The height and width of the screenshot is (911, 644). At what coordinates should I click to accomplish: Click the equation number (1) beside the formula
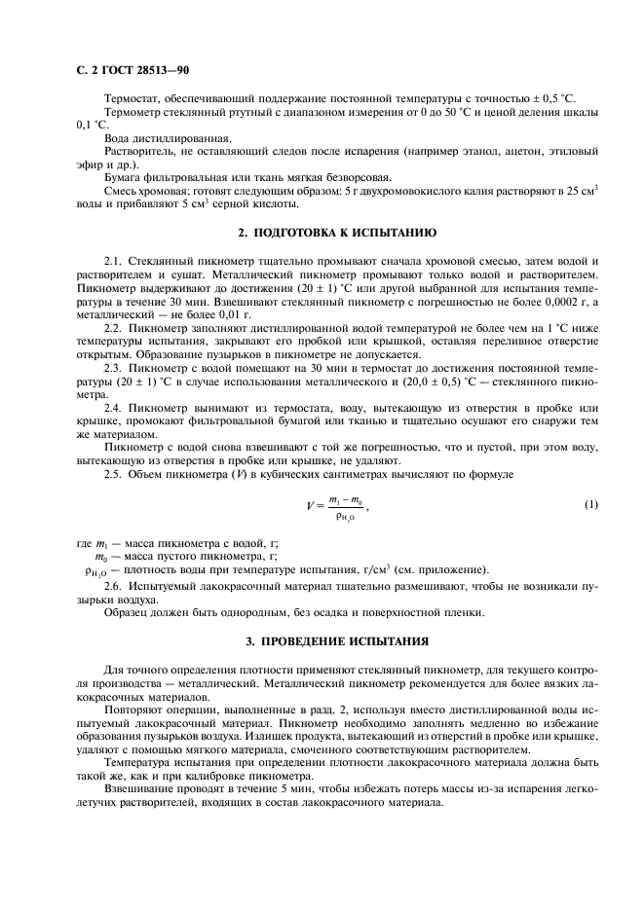tap(590, 504)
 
